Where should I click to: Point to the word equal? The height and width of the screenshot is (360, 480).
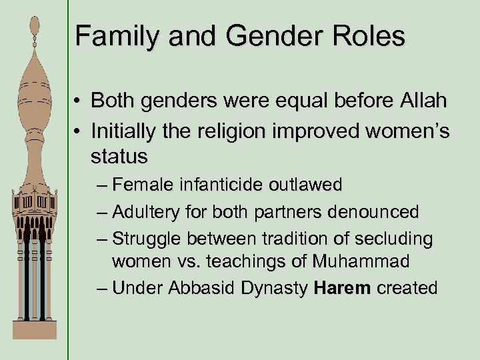[x=296, y=101]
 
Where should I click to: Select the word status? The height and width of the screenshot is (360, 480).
[x=119, y=157]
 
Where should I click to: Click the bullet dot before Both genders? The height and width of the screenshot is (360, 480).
[x=79, y=102]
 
